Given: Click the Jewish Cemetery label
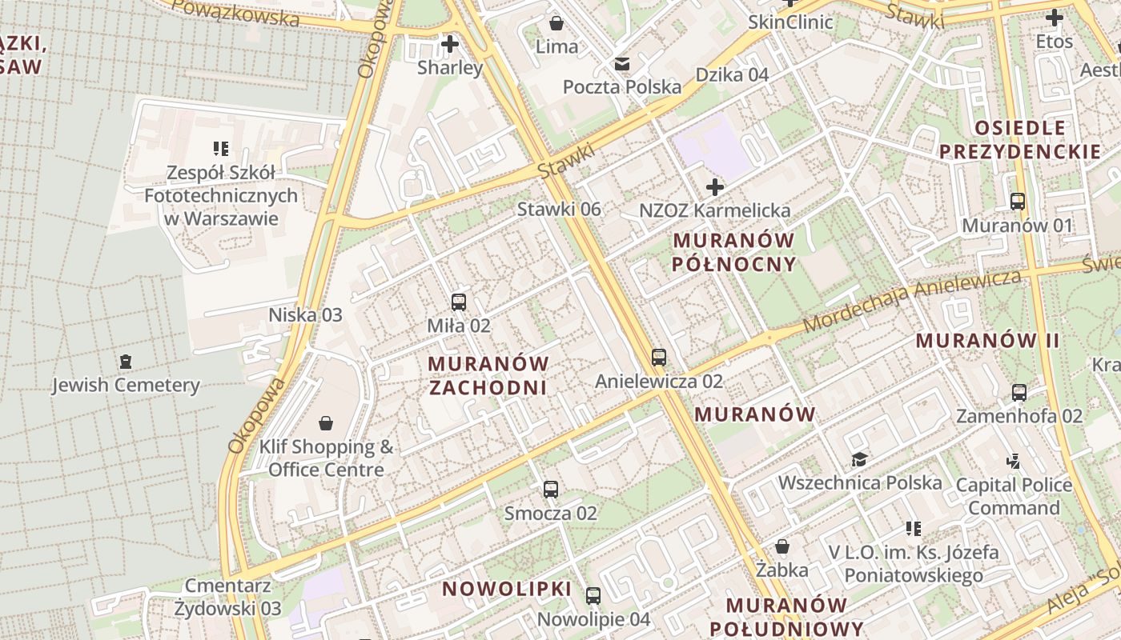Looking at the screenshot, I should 126,385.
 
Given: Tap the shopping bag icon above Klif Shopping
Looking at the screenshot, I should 326,422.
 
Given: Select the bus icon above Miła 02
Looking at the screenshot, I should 459,302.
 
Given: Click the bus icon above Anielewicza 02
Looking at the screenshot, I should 659,357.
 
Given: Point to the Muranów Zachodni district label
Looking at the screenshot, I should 488,375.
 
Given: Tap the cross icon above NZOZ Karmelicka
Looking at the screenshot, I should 714,187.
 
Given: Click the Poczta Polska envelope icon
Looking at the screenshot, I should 621,64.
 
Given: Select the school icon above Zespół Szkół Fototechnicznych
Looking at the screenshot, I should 220,148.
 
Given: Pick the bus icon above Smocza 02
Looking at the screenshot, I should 551,490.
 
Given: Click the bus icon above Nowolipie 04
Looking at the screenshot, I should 593,596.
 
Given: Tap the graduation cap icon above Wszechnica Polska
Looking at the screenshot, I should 859,459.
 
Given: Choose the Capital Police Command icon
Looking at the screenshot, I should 1014,461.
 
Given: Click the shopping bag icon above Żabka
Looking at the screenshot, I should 782,546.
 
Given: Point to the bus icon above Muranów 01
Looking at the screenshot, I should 1018,202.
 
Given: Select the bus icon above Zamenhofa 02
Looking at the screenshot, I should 1019,393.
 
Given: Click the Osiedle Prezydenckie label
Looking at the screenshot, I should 1020,139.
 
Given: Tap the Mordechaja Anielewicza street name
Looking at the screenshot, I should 913,300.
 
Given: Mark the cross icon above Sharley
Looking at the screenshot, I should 450,44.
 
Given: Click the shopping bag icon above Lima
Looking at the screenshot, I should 556,22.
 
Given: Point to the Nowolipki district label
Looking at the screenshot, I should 507,590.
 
